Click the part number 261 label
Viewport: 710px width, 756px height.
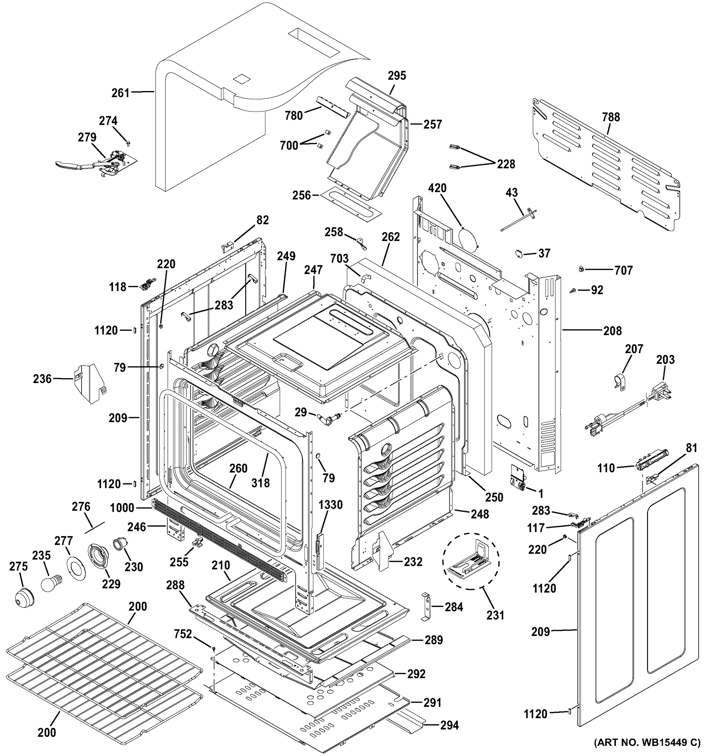tap(121, 93)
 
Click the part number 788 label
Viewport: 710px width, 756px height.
tap(611, 117)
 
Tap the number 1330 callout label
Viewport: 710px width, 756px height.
tap(330, 505)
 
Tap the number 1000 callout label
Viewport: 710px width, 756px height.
tap(122, 508)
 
